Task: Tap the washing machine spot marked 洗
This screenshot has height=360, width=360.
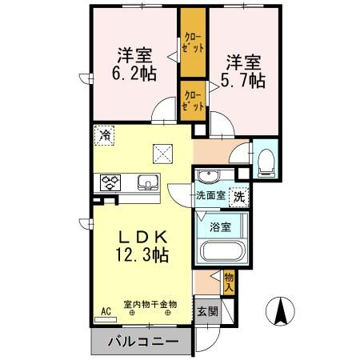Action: pos(239,194)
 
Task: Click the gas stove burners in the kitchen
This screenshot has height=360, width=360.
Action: pos(110,182)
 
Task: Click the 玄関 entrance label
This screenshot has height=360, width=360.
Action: pos(207,311)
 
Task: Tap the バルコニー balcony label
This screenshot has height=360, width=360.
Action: pos(141,342)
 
